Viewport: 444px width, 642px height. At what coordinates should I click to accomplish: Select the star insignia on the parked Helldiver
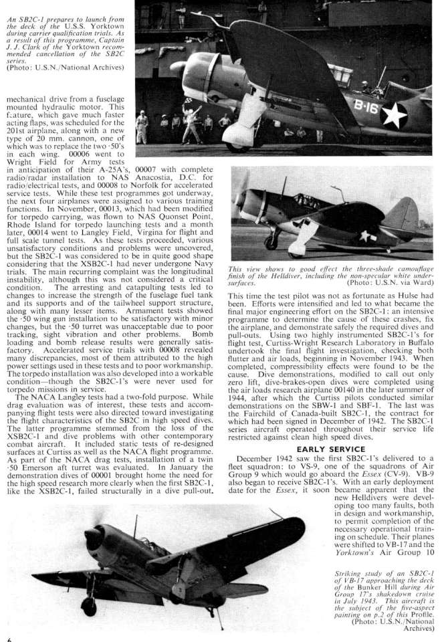366,235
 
